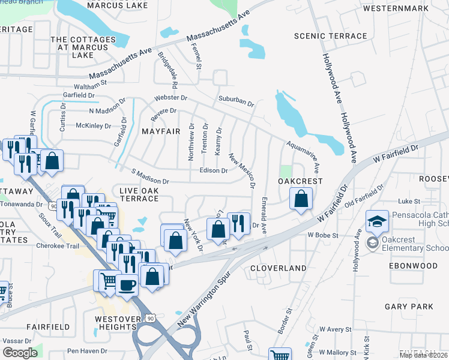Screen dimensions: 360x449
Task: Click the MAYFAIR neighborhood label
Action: click(x=161, y=131)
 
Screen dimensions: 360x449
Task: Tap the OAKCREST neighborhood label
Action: click(x=300, y=181)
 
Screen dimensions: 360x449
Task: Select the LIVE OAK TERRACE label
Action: click(x=139, y=194)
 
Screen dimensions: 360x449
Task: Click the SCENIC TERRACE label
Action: click(x=330, y=36)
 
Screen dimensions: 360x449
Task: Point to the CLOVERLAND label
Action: click(x=278, y=268)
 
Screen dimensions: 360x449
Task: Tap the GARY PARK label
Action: click(x=409, y=307)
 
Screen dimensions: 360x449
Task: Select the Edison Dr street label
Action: click(x=213, y=170)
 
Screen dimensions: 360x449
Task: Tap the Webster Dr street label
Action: click(x=171, y=97)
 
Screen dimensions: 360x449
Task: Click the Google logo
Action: click(x=20, y=353)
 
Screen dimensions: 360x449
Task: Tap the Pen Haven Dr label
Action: click(x=87, y=351)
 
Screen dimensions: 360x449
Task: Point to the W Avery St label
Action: click(x=335, y=329)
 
